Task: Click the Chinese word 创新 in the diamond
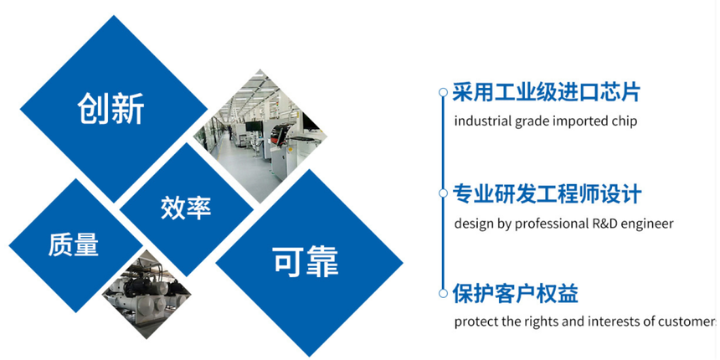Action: pos(111,108)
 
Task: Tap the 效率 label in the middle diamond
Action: pos(186,208)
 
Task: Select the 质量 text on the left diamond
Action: pos(74,244)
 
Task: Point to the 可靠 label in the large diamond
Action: pos(306,262)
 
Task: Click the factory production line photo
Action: pos(260,136)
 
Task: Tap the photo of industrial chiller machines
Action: pos(146,295)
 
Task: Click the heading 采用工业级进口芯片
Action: pos(546,92)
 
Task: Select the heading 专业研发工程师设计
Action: pos(547,193)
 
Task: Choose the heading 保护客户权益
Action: pos(515,293)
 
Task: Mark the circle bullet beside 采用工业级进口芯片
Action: pos(443,92)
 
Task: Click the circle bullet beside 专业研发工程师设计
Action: pos(443,193)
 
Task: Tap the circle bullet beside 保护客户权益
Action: pos(443,293)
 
